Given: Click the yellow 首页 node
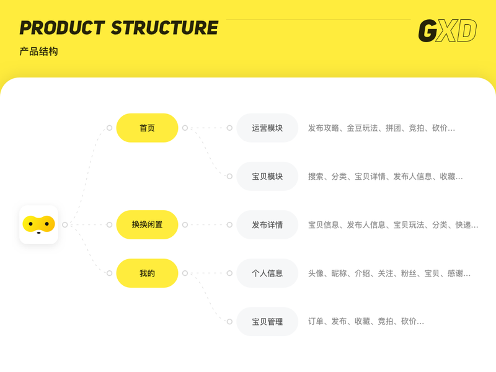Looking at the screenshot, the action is pyautogui.click(x=147, y=128).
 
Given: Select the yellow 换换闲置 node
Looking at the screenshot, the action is pyautogui.click(x=147, y=224).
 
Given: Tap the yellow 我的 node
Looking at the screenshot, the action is pyautogui.click(x=147, y=273).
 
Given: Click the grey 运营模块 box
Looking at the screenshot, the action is pyautogui.click(x=267, y=128).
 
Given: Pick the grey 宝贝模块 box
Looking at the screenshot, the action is pyautogui.click(x=267, y=176).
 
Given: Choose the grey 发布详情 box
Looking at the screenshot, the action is pyautogui.click(x=267, y=224).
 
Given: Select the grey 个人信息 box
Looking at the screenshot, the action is pyautogui.click(x=267, y=273).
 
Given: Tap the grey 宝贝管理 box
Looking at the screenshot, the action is pyautogui.click(x=267, y=321).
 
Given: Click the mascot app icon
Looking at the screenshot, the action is pyautogui.click(x=38, y=224).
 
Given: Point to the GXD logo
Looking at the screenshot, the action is pyautogui.click(x=447, y=31).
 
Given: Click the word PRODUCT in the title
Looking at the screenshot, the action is pyautogui.click(x=62, y=28).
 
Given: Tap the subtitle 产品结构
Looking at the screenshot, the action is pyautogui.click(x=38, y=51).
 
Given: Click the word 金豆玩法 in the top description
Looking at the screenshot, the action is pyautogui.click(x=362, y=128).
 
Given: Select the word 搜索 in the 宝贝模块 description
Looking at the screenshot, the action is pyautogui.click(x=316, y=177).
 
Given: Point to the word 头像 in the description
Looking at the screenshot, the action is pyautogui.click(x=316, y=273).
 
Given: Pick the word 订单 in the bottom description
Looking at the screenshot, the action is pyautogui.click(x=316, y=322).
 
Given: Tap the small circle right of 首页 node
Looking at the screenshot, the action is pyautogui.click(x=185, y=128).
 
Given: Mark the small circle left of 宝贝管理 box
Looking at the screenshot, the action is pyautogui.click(x=229, y=321).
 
